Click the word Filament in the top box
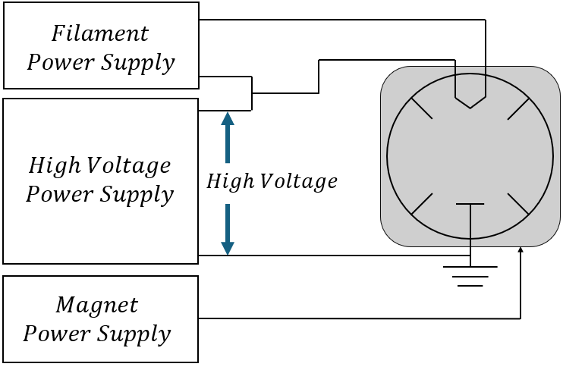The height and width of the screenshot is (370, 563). click(x=100, y=34)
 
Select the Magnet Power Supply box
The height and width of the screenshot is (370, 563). click(x=100, y=318)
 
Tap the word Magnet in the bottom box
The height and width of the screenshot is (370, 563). click(x=97, y=306)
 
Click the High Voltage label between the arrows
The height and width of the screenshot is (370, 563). click(x=272, y=182)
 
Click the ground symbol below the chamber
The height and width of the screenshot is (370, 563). click(x=470, y=276)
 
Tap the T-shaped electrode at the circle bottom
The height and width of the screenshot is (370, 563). click(x=470, y=206)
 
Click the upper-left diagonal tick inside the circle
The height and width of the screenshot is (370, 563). click(x=422, y=108)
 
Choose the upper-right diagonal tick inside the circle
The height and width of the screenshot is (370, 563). click(x=519, y=108)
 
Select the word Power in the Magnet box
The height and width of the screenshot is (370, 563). click(x=58, y=334)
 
